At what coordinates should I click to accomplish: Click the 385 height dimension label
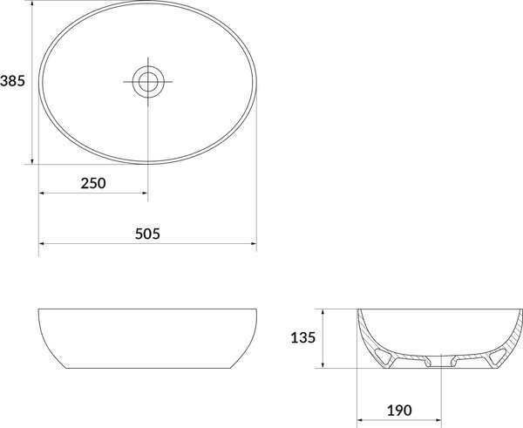12,81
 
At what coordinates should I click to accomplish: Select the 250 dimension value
93,183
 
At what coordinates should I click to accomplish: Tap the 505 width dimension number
147,234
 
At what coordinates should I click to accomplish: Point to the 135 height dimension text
302,337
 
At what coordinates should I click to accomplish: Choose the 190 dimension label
399,411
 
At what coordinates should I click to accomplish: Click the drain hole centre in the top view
148,82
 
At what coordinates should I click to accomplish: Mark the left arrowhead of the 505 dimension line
41,244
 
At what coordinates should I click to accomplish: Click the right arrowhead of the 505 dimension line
254,244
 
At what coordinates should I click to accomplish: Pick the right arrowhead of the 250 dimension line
145,193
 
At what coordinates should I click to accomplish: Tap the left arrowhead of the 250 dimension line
41,193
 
